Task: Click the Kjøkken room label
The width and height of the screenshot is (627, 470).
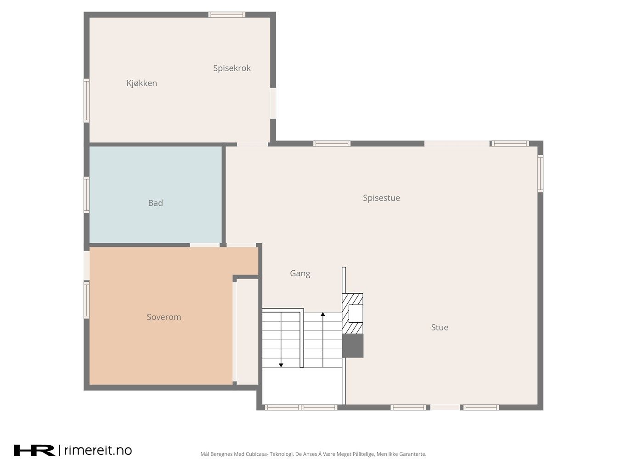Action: tap(141, 84)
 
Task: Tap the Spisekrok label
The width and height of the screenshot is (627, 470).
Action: tap(232, 68)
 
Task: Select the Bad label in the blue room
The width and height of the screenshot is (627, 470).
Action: tap(155, 203)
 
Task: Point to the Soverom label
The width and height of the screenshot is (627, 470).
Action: tap(164, 317)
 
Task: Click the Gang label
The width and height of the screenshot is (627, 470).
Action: tap(300, 274)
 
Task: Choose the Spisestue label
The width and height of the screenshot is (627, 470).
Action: tap(381, 198)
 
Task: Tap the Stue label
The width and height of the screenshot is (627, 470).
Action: tap(439, 327)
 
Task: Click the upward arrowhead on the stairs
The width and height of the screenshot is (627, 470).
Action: tap(323, 314)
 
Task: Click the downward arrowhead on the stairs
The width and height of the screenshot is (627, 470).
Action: tap(281, 365)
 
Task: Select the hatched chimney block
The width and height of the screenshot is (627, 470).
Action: tap(352, 313)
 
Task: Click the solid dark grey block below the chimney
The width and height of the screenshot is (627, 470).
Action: tap(353, 346)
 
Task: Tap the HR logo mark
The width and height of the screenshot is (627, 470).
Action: tap(34, 450)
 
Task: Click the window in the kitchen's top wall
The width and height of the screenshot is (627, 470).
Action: tap(226, 15)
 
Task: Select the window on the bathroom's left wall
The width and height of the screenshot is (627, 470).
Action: tap(86, 195)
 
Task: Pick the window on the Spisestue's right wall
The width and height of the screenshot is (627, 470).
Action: tap(540, 173)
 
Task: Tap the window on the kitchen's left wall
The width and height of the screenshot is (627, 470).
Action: tap(86, 101)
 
